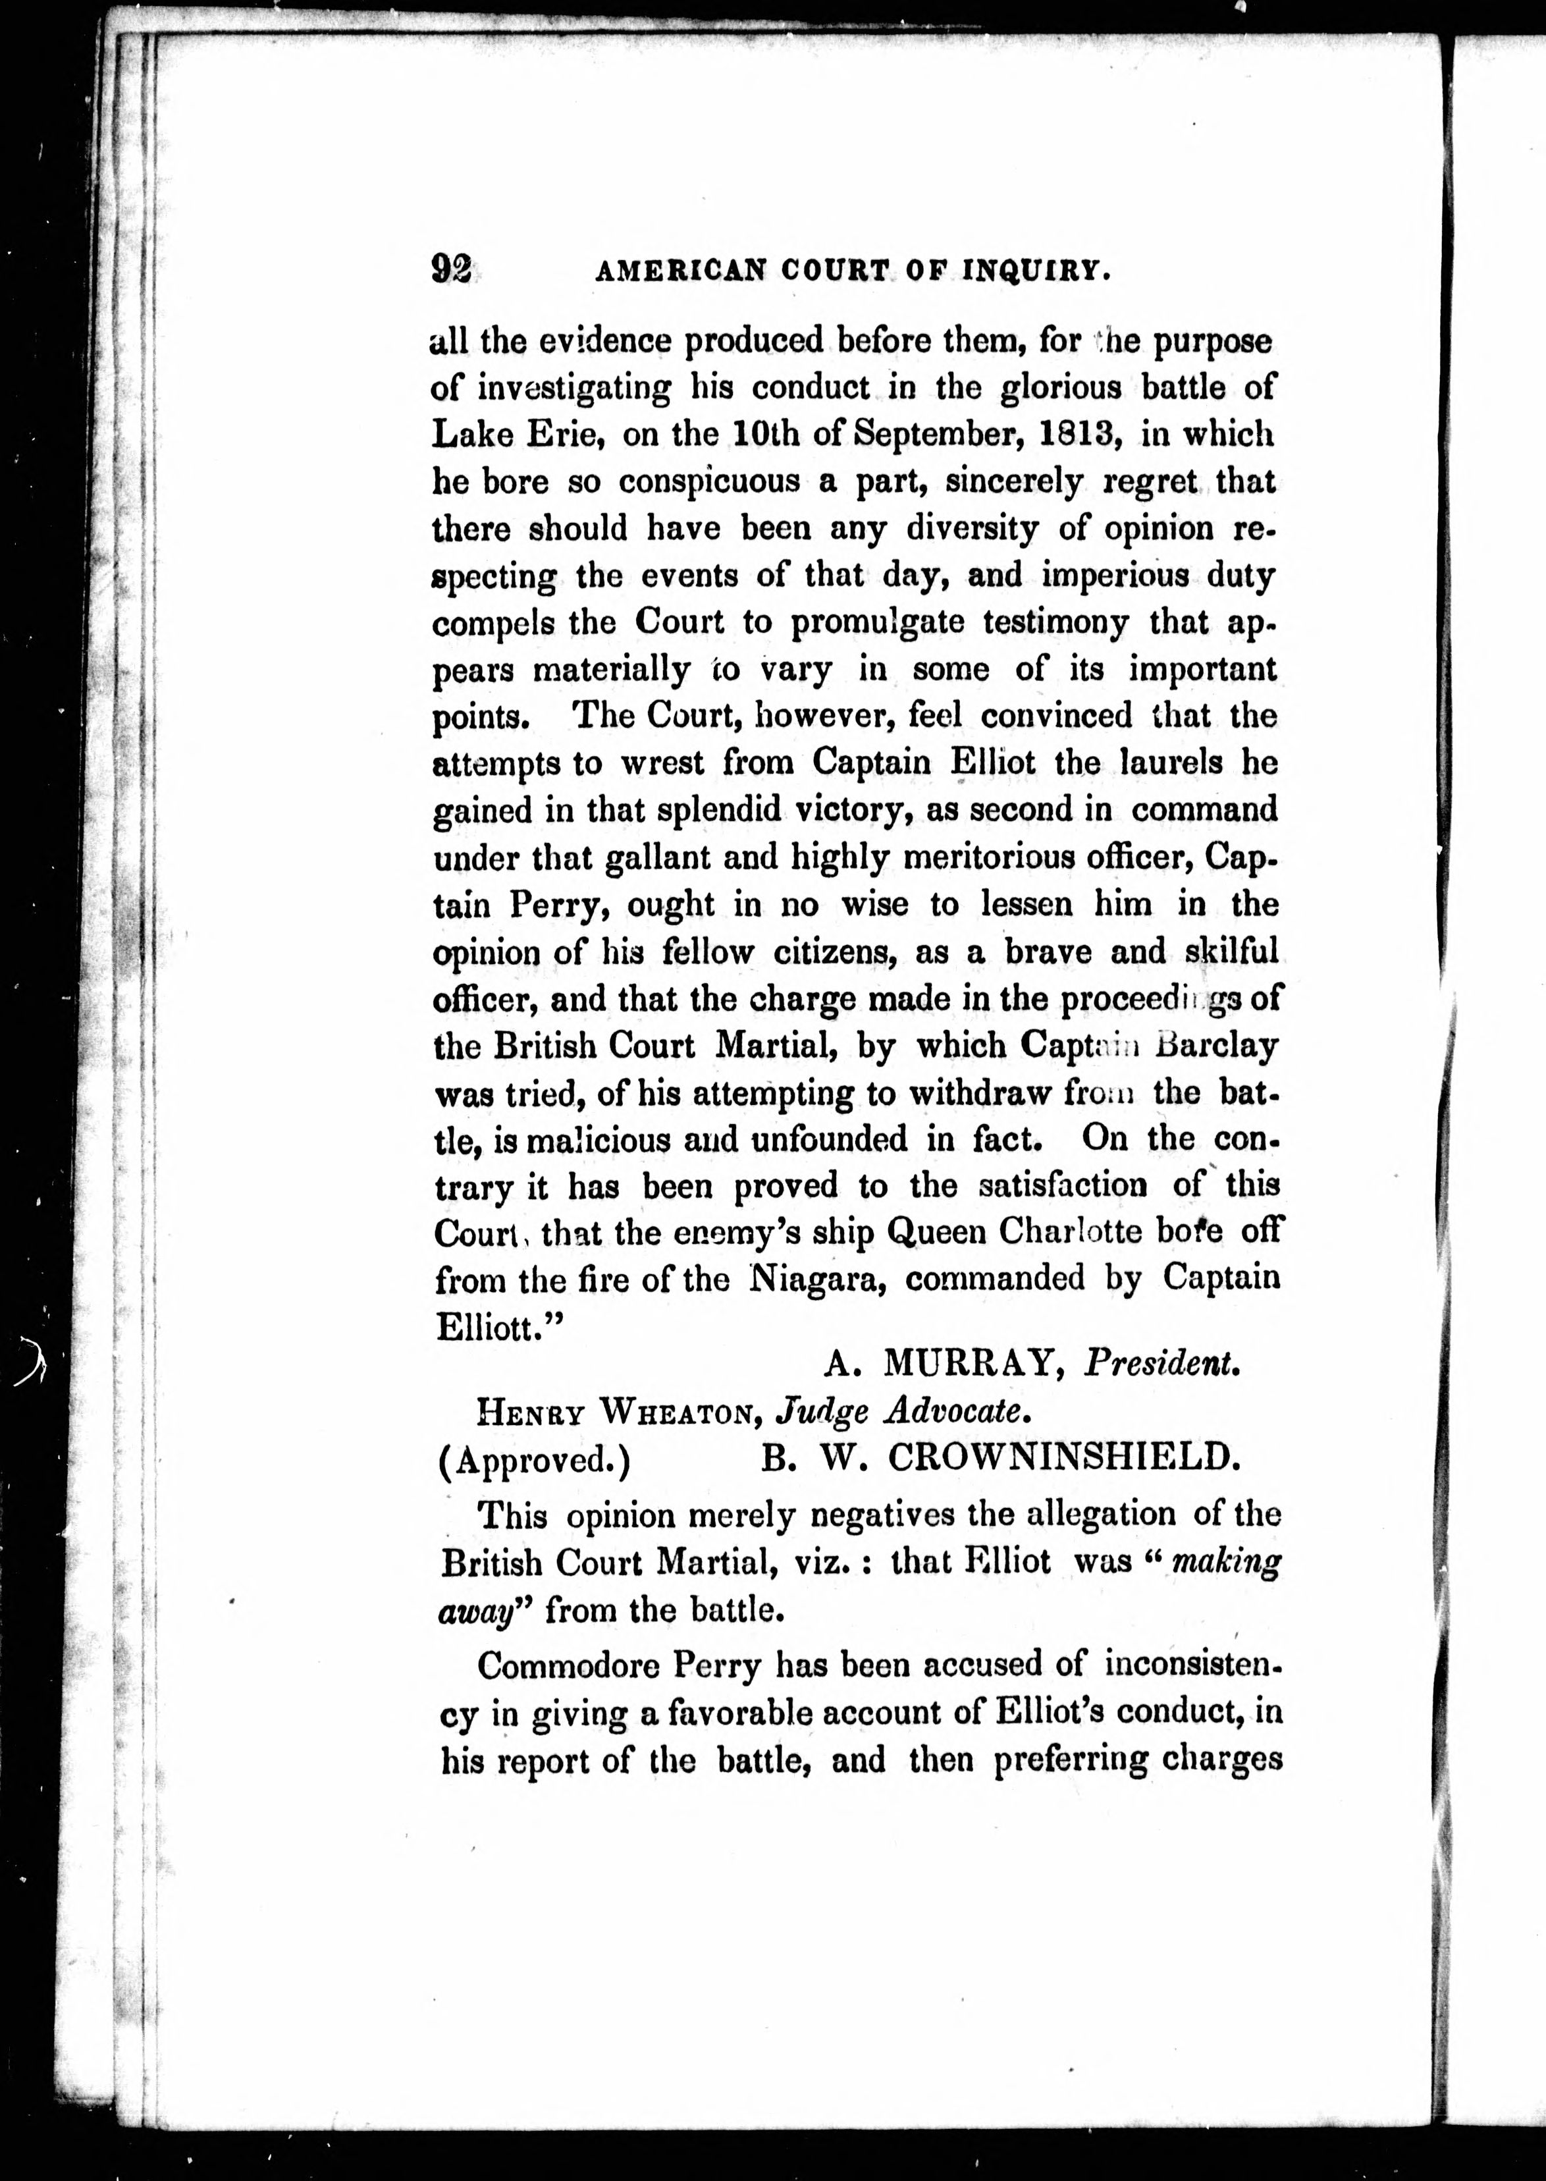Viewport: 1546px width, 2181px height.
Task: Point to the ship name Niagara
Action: (x=820, y=1279)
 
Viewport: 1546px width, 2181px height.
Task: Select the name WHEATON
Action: (x=678, y=1413)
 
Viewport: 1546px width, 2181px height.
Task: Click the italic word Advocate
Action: (x=957, y=1413)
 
